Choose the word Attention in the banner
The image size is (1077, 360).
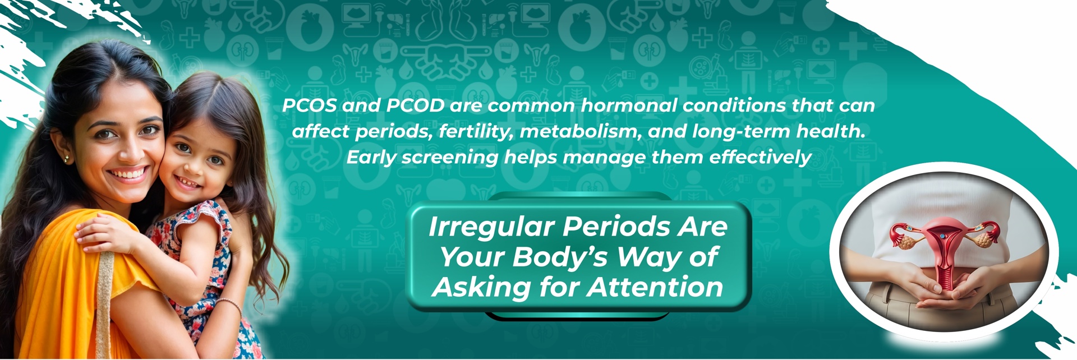pyautogui.click(x=655, y=287)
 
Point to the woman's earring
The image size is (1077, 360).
pyautogui.click(x=66, y=159)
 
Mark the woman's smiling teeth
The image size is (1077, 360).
pyautogui.click(x=128, y=173)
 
